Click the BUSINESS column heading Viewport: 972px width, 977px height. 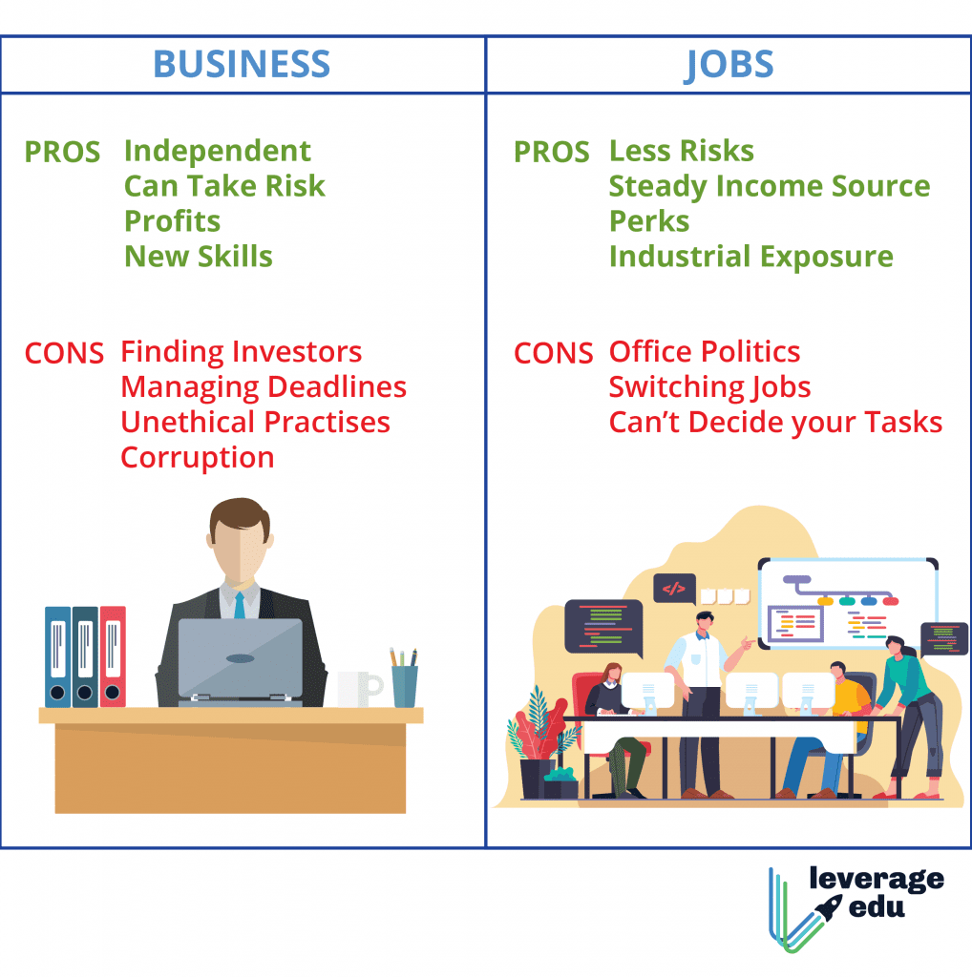point(242,65)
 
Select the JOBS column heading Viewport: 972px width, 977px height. point(729,65)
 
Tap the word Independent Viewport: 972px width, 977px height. point(218,151)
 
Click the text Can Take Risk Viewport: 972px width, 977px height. point(224,186)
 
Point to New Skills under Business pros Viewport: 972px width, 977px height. point(199,256)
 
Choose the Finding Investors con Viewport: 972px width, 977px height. point(242,352)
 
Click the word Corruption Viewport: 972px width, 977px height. point(198,457)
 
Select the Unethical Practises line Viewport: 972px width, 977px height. point(256,422)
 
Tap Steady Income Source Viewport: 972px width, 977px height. point(770,186)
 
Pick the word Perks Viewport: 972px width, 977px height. point(649,221)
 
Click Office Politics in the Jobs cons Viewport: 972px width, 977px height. point(705,352)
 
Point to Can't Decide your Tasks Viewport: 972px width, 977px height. point(775,422)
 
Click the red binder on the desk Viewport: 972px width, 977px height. point(113,655)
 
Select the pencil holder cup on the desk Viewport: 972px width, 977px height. point(405,684)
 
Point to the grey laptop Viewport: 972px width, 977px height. point(241,659)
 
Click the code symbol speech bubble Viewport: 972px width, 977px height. point(674,589)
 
